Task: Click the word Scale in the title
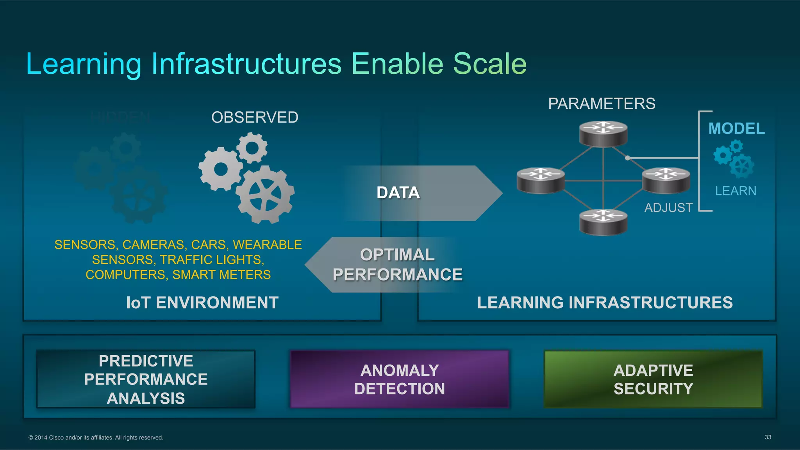tap(489, 64)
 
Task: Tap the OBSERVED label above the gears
tap(255, 117)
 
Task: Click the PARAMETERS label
tap(602, 104)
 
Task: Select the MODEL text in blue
tap(736, 129)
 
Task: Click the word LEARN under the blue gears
tap(736, 191)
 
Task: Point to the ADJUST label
tap(668, 208)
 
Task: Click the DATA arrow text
tap(398, 193)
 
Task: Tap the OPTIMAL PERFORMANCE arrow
tap(397, 265)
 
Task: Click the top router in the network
tap(603, 133)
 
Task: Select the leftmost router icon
tap(541, 180)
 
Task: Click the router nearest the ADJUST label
tap(666, 180)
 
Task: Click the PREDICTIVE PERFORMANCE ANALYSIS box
tap(146, 379)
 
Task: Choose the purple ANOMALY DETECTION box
tap(400, 379)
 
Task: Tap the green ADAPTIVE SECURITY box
tap(653, 379)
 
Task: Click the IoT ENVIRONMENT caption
tap(202, 303)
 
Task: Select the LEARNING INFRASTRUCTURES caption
tap(605, 303)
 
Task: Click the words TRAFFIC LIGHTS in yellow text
tap(212, 260)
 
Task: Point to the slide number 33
tap(768, 437)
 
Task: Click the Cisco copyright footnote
tap(96, 438)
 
